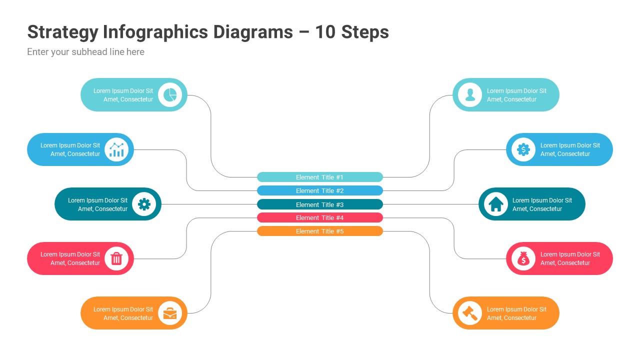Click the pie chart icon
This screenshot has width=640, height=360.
coord(170,95)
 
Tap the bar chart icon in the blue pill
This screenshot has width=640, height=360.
coord(116,149)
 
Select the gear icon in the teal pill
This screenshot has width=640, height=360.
coord(144,204)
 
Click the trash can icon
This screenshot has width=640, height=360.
coord(116,258)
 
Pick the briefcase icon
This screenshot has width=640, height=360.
coord(170,313)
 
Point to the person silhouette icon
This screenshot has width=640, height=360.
coord(470,95)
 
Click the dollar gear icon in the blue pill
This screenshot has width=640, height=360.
coord(523,149)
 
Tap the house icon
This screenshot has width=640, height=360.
coord(496,204)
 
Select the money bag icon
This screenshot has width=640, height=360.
coord(523,258)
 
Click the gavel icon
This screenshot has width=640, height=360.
coord(470,313)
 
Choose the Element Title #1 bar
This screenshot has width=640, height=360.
coord(320,177)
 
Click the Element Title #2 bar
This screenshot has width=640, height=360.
coord(320,190)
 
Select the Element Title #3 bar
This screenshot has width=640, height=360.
coord(320,204)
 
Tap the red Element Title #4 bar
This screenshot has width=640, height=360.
coord(320,217)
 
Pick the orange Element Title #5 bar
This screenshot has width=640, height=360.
coord(320,231)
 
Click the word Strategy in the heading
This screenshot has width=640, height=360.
coord(62,32)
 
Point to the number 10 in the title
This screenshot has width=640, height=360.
coord(325,32)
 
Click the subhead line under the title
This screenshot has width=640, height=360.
coord(85,52)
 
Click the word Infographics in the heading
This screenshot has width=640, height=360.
coord(155,32)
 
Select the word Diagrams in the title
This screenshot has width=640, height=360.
coord(253,32)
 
